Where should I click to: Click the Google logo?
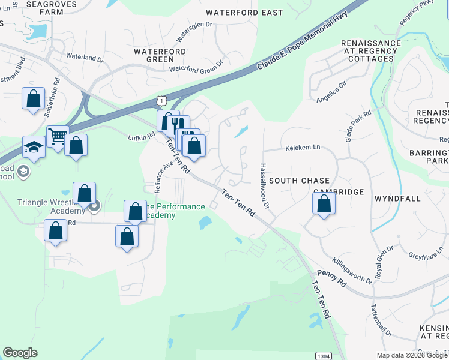(20, 353)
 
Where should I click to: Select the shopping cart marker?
(58, 136)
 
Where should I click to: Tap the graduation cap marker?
(34, 147)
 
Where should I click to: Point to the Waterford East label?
(235, 13)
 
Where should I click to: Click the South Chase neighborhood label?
(299, 181)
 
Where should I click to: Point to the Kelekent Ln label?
(303, 147)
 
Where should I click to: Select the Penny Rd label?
(333, 280)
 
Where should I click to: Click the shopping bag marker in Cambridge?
(324, 203)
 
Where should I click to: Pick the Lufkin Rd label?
(142, 137)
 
